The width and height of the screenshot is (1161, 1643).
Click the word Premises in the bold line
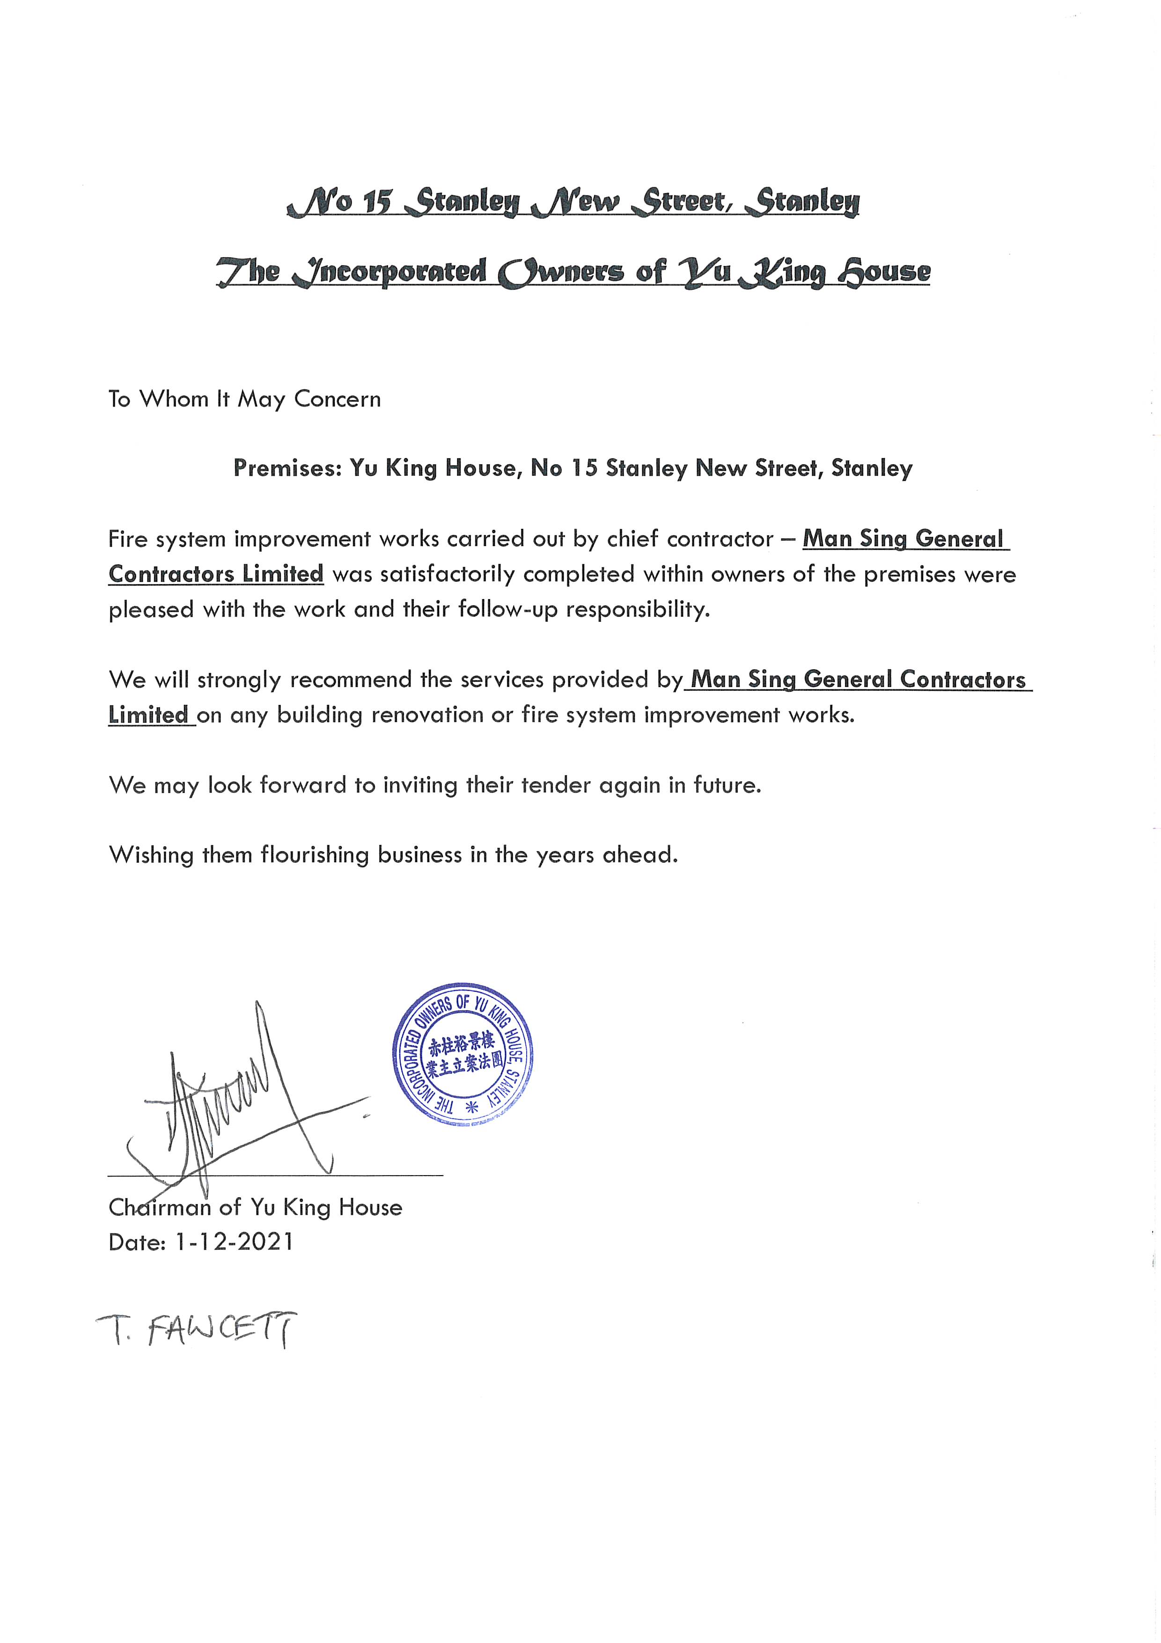point(286,468)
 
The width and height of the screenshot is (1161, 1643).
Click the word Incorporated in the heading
point(390,272)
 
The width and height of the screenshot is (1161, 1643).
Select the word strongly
point(238,680)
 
